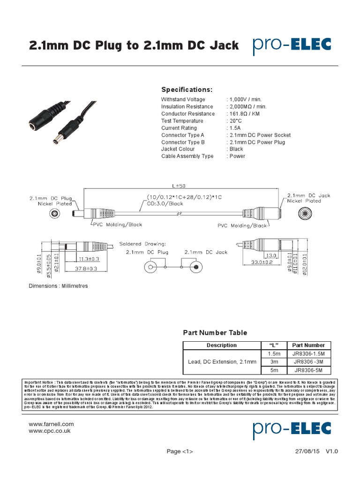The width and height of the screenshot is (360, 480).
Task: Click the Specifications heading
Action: click(187, 90)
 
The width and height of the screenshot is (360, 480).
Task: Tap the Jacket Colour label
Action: click(178, 149)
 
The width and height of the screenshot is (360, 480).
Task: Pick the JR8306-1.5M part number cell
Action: click(308, 353)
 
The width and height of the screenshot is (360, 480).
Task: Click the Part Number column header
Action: click(308, 345)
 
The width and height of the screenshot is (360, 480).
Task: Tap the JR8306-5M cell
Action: click(308, 370)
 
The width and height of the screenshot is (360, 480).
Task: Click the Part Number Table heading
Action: click(215, 333)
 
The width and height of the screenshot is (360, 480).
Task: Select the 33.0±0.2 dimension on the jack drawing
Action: click(261, 263)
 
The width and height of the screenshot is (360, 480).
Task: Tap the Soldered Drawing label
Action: click(142, 244)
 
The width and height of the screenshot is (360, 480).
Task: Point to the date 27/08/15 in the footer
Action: click(307, 451)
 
